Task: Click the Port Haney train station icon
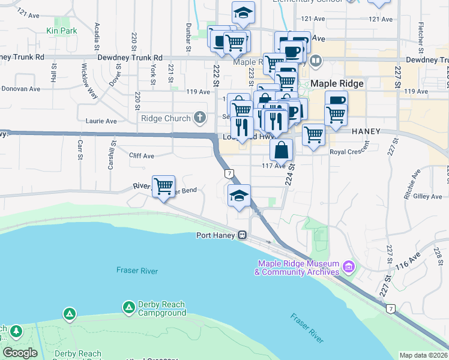coord(243,235)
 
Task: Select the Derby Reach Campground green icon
coord(128,308)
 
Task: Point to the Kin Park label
coord(61,30)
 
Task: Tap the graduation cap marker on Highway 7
coord(239,196)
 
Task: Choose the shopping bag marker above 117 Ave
coord(281,149)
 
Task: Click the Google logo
coord(20,353)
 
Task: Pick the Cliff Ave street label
coord(142,156)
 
